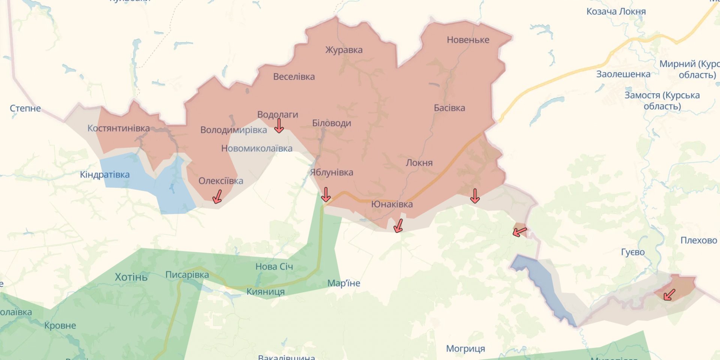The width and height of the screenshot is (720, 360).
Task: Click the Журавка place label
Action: tap(343, 50)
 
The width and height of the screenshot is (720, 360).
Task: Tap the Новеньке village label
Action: tap(468, 40)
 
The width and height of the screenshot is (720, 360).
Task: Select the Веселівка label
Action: tap(294, 77)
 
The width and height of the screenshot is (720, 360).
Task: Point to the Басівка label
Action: tap(449, 108)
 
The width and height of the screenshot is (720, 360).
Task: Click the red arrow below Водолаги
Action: tap(279, 126)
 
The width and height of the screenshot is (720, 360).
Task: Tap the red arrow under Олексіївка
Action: tap(217, 196)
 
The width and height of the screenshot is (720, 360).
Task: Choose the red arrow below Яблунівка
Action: tap(326, 195)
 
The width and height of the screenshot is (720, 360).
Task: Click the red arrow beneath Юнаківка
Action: tap(398, 226)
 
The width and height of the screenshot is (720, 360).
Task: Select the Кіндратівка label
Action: tap(105, 175)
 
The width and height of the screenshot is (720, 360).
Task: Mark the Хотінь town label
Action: tap(131, 277)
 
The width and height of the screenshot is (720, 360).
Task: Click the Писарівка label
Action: tap(187, 275)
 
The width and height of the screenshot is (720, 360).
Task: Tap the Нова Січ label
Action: tap(274, 267)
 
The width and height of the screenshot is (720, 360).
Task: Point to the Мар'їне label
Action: tap(343, 283)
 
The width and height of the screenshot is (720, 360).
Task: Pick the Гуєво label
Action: tap(633, 252)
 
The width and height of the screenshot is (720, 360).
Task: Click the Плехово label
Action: tap(698, 240)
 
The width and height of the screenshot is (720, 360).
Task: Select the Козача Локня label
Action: tap(616, 12)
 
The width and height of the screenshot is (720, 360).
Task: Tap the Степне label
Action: tap(25, 108)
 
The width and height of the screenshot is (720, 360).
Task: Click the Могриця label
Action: tap(465, 349)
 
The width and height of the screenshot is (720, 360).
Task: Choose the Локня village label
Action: tap(419, 163)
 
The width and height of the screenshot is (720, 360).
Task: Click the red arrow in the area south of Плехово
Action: tap(669, 295)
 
